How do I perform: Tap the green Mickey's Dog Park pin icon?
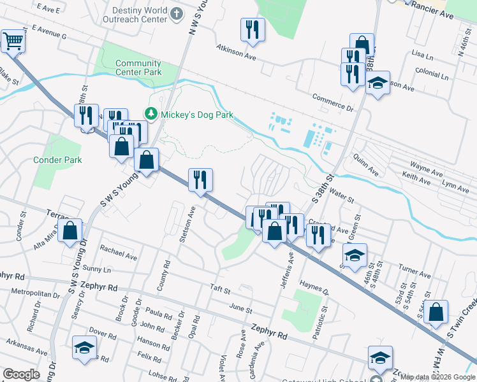[x=151, y=115]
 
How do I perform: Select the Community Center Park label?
[x=138, y=67]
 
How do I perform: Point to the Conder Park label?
[x=58, y=160]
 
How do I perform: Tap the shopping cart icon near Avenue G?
[x=12, y=42]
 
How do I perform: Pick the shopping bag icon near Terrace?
[x=70, y=231]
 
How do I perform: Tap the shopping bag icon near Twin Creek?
[x=436, y=313]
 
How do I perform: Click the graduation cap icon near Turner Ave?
[x=355, y=255]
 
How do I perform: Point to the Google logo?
[x=21, y=374]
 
